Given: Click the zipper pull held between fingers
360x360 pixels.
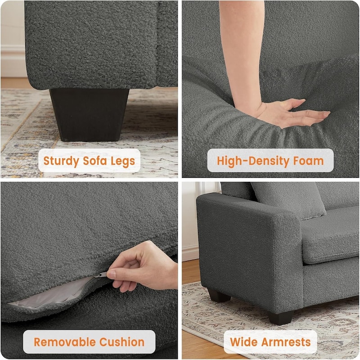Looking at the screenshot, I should [103, 274].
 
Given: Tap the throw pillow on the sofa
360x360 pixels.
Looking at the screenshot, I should [288, 198].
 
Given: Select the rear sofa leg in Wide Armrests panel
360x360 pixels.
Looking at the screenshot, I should [219, 295].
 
